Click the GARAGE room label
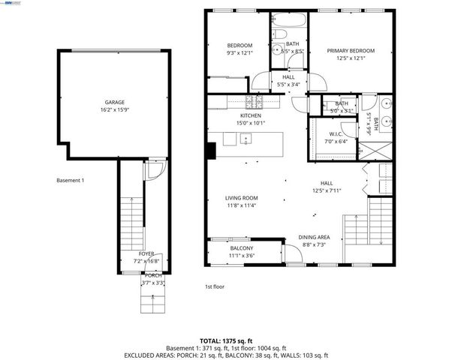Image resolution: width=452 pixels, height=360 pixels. pyautogui.click(x=114, y=102)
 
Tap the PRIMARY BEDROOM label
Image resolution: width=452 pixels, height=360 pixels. pyautogui.click(x=351, y=51)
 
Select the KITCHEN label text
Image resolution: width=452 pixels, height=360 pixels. pyautogui.click(x=250, y=116)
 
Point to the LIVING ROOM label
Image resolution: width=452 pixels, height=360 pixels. pyautogui.click(x=242, y=199)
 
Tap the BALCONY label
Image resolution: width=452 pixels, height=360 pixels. pyautogui.click(x=241, y=248)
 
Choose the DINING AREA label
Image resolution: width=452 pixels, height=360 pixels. pyautogui.click(x=313, y=236)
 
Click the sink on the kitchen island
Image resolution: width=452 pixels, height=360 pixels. pyautogui.click(x=246, y=139)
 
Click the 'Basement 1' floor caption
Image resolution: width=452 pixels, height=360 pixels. pyautogui.click(x=71, y=181)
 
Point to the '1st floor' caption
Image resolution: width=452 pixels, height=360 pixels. pyautogui.click(x=214, y=286)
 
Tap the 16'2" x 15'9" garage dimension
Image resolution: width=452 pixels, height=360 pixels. pyautogui.click(x=114, y=109)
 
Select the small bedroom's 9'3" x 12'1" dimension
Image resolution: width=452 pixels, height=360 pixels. pyautogui.click(x=218, y=53)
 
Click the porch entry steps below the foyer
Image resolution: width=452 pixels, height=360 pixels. pyautogui.click(x=152, y=303)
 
